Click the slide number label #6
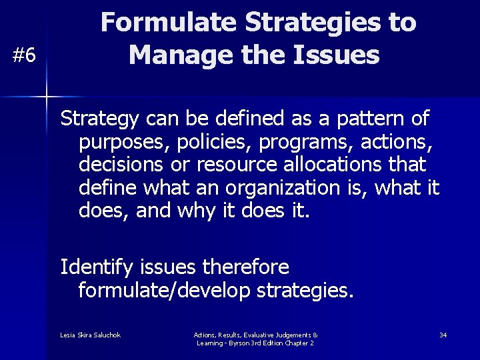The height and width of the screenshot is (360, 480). [25, 56]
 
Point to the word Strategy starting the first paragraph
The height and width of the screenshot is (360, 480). [98, 119]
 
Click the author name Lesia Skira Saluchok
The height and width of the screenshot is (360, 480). [90, 335]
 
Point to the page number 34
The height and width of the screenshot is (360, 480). [443, 335]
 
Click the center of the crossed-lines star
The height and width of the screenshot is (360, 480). [46, 97]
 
